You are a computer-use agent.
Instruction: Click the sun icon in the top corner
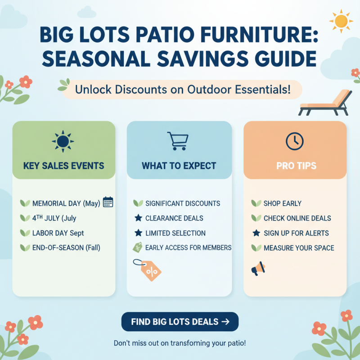click(x=340, y=20)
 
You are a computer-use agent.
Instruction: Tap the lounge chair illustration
click(x=326, y=103)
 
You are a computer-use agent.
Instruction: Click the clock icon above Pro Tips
click(x=294, y=141)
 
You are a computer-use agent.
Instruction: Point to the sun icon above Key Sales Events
click(x=63, y=141)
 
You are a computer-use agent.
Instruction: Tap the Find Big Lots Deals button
click(x=180, y=322)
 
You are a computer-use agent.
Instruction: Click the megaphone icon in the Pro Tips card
click(x=257, y=269)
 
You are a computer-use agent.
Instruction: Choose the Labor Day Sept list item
click(x=58, y=233)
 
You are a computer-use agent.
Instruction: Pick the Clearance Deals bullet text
click(x=174, y=218)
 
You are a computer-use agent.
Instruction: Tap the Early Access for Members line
click(x=188, y=247)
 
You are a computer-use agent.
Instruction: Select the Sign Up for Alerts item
click(x=296, y=233)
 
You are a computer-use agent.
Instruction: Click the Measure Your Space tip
click(x=299, y=248)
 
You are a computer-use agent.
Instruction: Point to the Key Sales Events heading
click(x=63, y=166)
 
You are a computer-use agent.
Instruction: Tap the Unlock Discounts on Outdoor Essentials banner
click(x=182, y=89)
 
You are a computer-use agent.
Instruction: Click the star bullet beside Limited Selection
click(x=138, y=233)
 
